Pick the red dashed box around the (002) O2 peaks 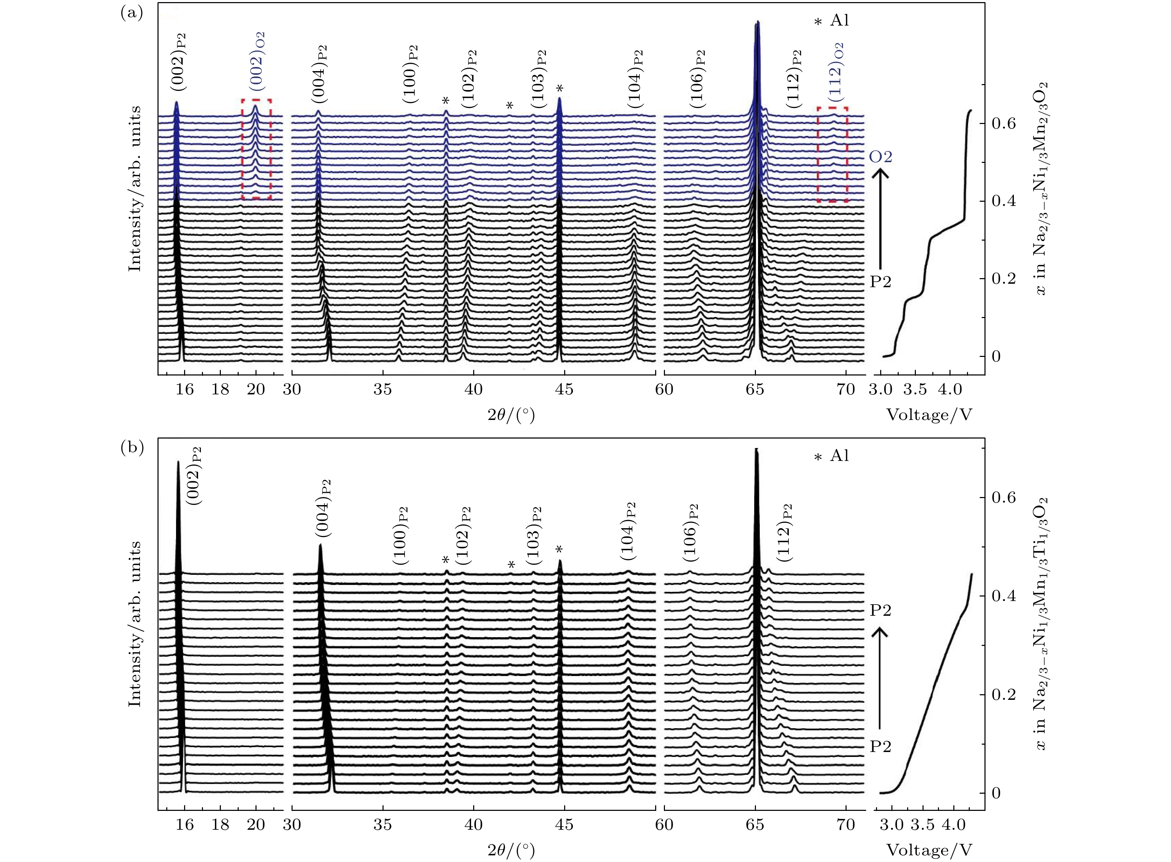click(256, 149)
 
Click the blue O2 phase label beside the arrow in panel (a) click(881, 157)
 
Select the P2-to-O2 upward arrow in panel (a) click(881, 222)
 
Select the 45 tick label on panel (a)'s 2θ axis click(564, 389)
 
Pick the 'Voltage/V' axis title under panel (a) click(930, 415)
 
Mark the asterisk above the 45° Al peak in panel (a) click(560, 88)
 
